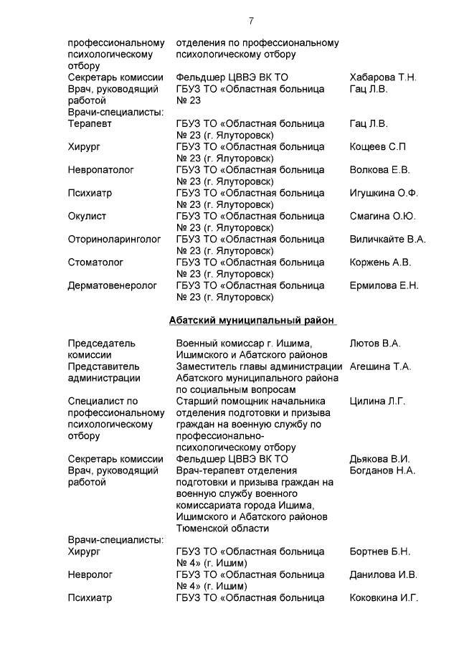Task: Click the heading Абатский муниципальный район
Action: pos(252,320)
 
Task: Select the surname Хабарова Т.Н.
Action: pos(382,77)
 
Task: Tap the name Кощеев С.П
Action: pos(377,147)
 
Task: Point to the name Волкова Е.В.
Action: pos(379,170)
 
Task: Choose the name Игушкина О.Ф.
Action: pos(384,193)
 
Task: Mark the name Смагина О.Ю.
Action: pos(382,216)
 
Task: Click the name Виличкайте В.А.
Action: pos(387,239)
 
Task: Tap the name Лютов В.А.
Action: pos(374,344)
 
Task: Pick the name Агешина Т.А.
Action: pos(380,366)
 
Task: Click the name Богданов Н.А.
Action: pos(382,470)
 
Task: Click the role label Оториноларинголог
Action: pos(114,239)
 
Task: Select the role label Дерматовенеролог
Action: pos(112,285)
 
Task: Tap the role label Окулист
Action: pos(87,216)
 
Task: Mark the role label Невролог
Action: pos(90,574)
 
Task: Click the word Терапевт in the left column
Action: pos(90,124)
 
